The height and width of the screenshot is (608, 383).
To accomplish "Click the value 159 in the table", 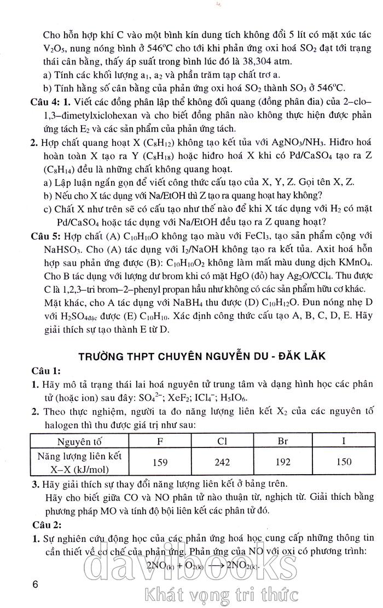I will click(x=160, y=462).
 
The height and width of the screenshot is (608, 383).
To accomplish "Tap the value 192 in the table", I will click(x=283, y=462).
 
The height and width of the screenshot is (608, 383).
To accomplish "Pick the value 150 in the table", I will click(x=344, y=462).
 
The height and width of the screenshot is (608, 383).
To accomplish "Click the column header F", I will click(x=160, y=441).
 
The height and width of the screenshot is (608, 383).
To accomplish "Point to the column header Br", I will click(x=283, y=441).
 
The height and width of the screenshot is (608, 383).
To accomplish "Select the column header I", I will click(x=344, y=441).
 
